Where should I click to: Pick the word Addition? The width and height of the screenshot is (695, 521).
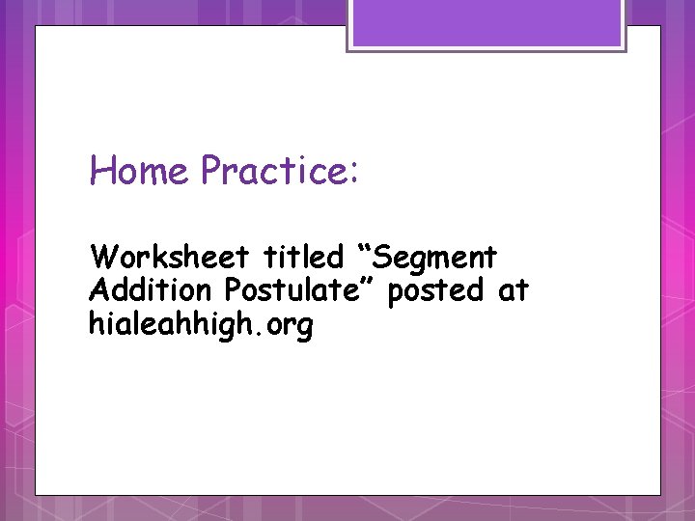150,290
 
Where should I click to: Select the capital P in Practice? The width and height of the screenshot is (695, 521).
211,172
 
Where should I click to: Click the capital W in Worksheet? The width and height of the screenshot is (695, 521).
100,258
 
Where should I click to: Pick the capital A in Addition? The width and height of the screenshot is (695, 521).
97,290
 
